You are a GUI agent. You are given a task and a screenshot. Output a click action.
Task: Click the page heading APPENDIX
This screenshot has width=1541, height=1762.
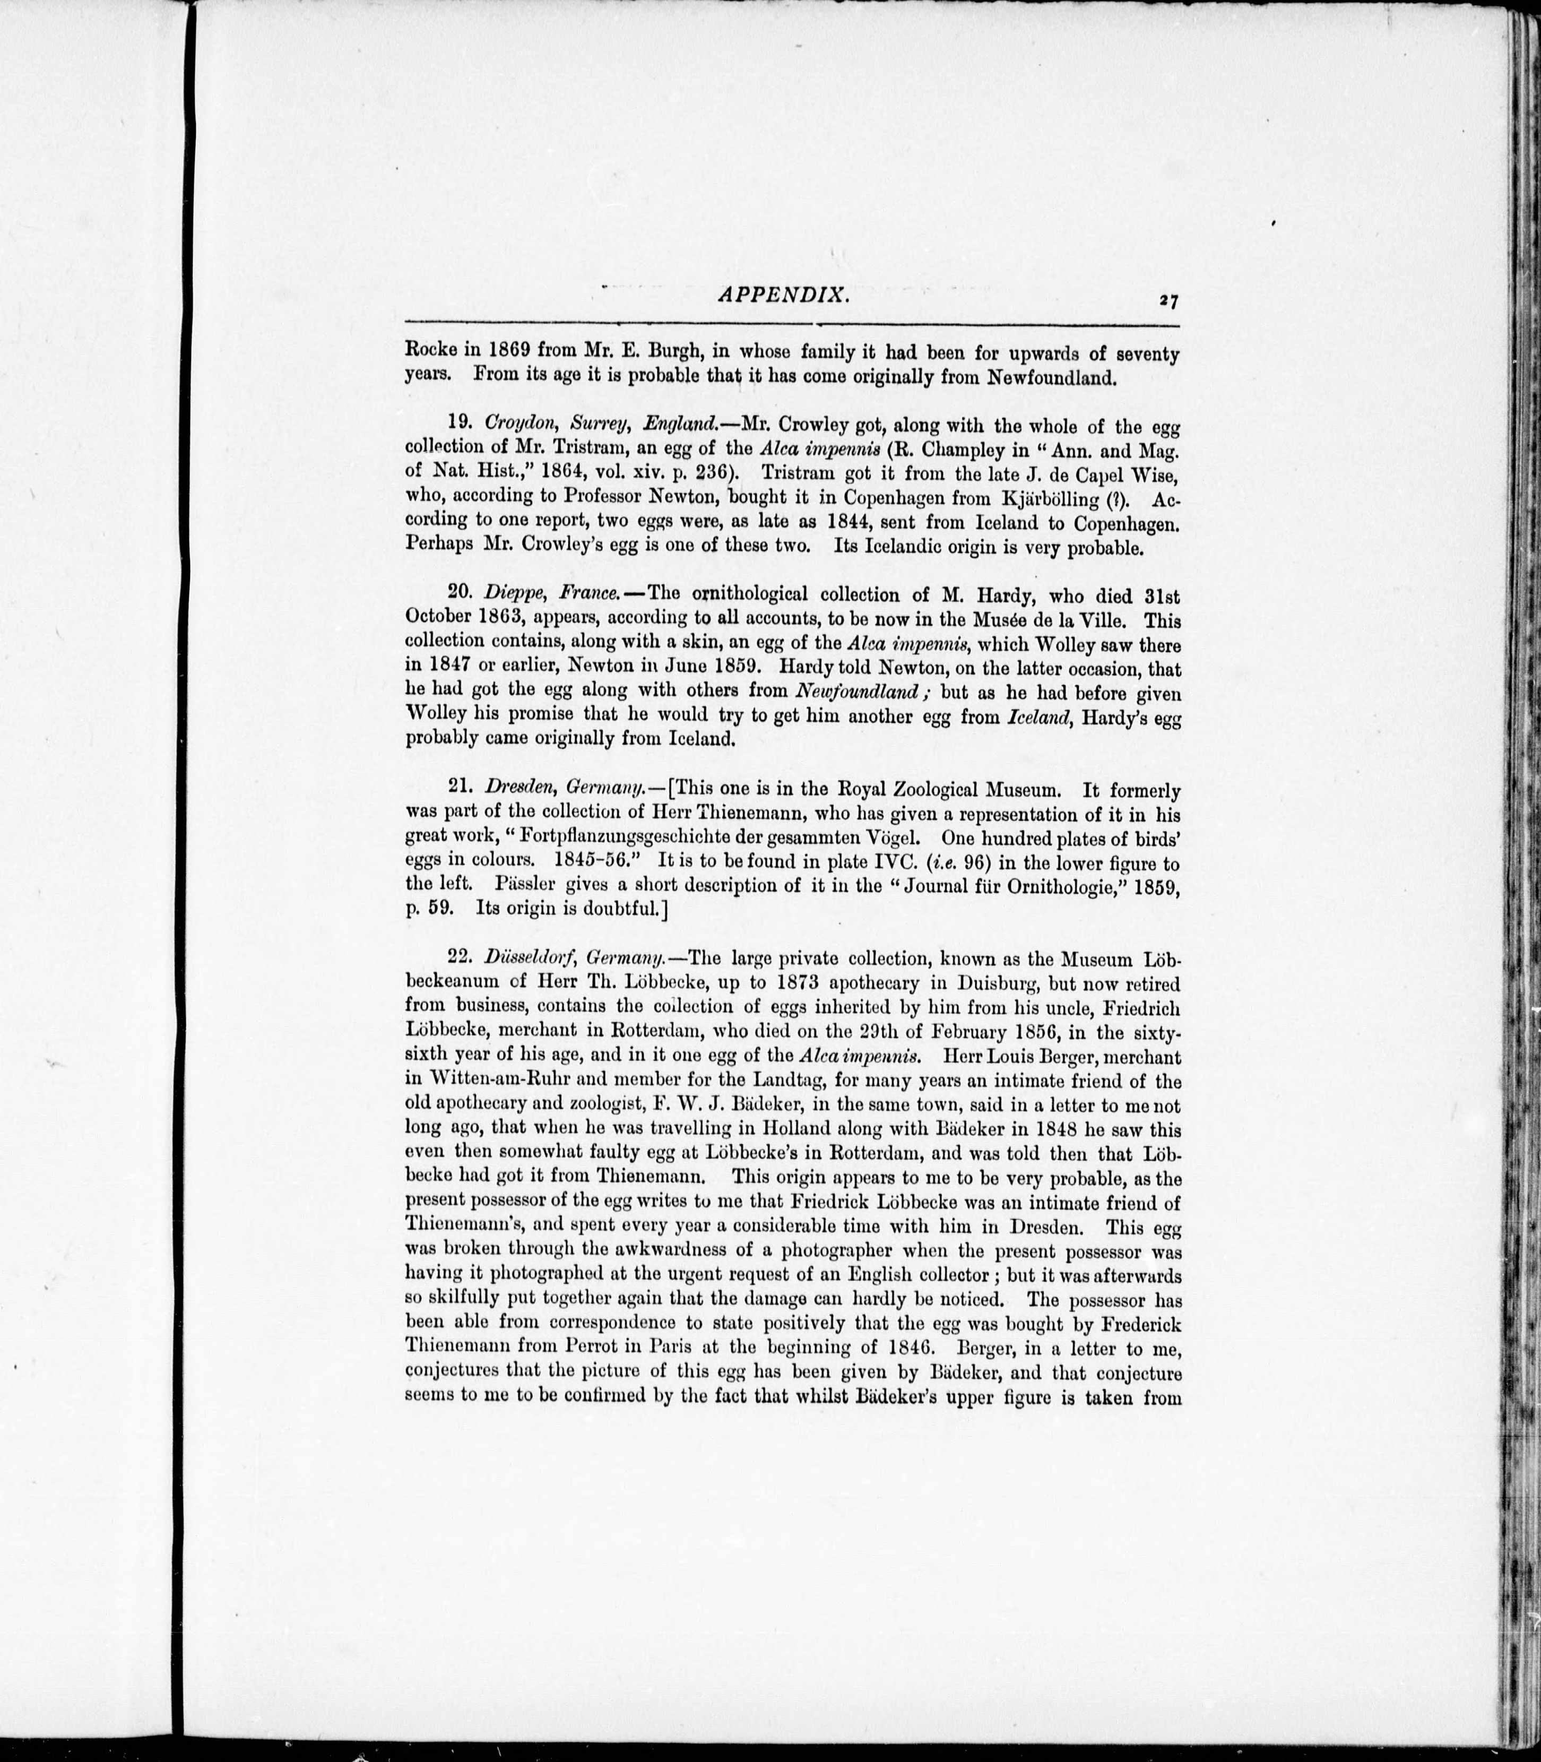pos(783,295)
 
